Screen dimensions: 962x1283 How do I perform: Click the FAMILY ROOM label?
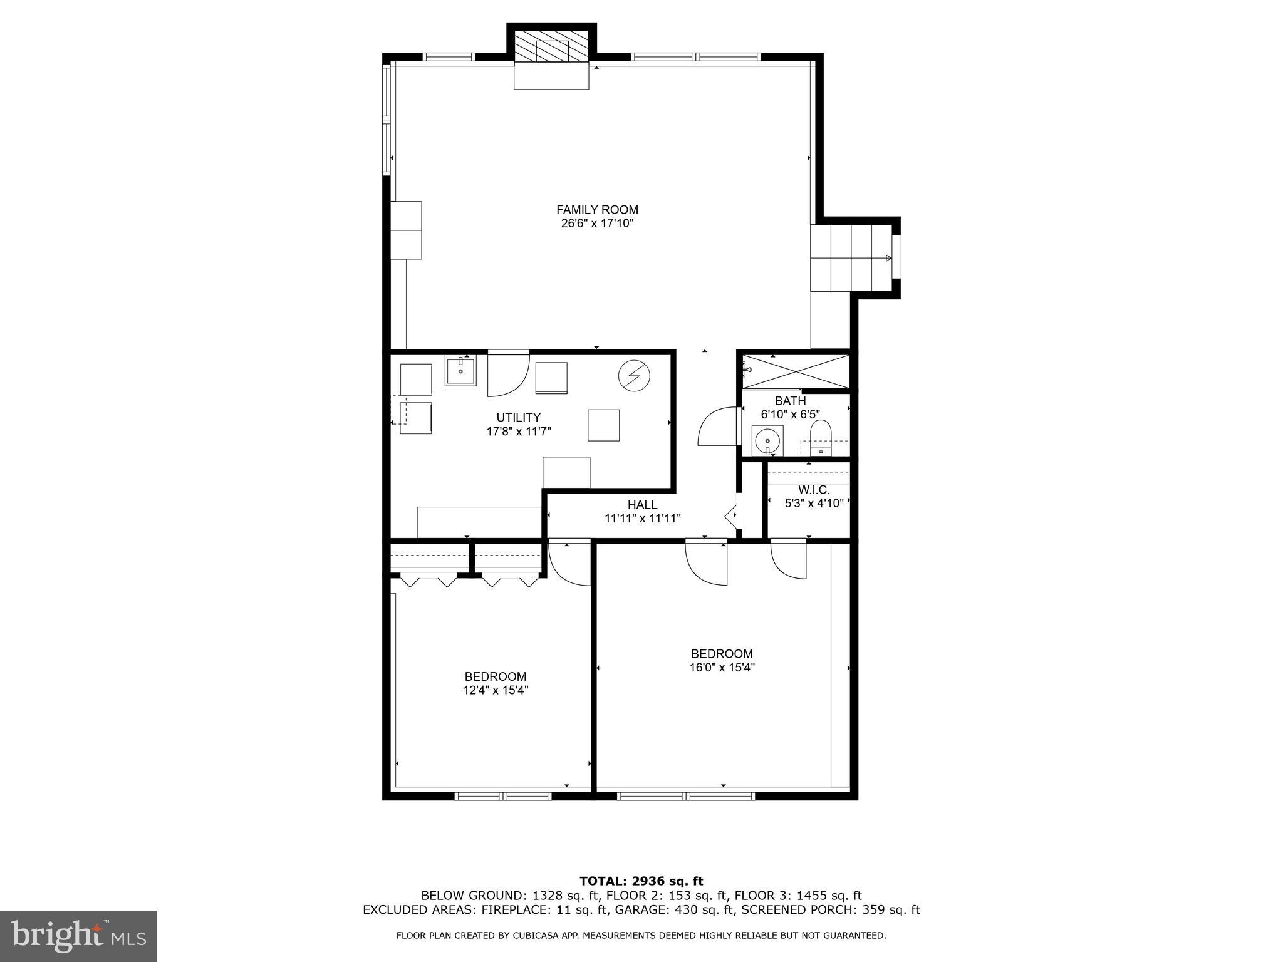(597, 210)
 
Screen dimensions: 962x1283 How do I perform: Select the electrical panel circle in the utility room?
(633, 376)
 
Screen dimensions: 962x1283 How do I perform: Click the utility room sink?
(460, 370)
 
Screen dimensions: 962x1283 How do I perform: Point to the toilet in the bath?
(820, 437)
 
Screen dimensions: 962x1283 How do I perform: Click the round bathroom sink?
(767, 440)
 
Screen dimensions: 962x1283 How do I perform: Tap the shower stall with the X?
(796, 371)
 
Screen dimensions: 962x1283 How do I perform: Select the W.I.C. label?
(814, 490)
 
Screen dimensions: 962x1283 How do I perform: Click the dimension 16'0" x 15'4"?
(722, 668)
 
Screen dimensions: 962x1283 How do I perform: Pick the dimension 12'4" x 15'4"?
(495, 690)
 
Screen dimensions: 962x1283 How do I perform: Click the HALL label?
(642, 505)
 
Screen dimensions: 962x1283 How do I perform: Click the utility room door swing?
(506, 375)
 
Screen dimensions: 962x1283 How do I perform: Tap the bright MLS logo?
(78, 936)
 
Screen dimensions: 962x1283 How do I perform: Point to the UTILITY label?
(518, 418)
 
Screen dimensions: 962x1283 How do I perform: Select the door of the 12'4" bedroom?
(569, 564)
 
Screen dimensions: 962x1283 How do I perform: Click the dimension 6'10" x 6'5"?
(790, 414)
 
